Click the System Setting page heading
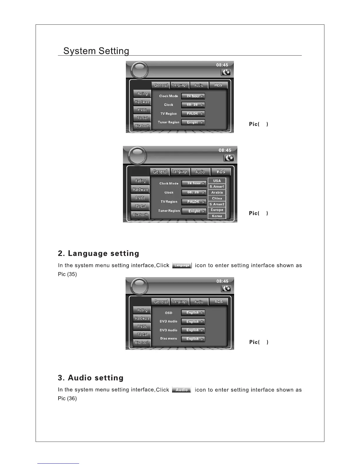pyautogui.click(x=96, y=51)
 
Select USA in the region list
pyautogui.click(x=217, y=181)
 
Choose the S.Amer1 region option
pyautogui.click(x=217, y=187)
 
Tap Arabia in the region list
pyautogui.click(x=217, y=192)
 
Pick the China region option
pyautogui.click(x=217, y=198)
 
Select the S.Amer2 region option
pyautogui.click(x=217, y=204)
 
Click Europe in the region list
pyautogui.click(x=217, y=210)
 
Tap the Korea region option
pyautogui.click(x=217, y=216)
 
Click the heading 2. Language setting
pyautogui.click(x=99, y=253)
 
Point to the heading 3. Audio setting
pyautogui.click(x=91, y=378)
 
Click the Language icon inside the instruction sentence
pyautogui.click(x=182, y=265)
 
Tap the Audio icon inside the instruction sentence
pyautogui.click(x=181, y=390)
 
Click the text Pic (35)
pyautogui.click(x=67, y=274)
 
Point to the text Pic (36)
pyautogui.click(x=67, y=399)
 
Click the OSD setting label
pyautogui.click(x=169, y=313)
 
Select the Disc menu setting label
pyautogui.click(x=169, y=339)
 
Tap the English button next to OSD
pyautogui.click(x=193, y=313)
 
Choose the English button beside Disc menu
pyautogui.click(x=193, y=339)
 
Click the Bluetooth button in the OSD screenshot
pyautogui.click(x=142, y=342)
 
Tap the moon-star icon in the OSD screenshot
pyautogui.click(x=226, y=289)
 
